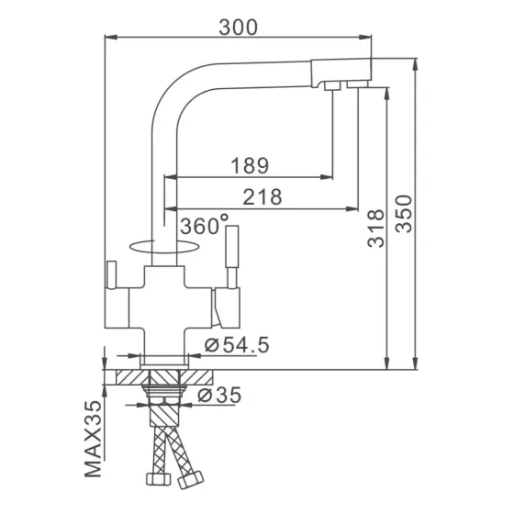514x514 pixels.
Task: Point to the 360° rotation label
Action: click(205, 225)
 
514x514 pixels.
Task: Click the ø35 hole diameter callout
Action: click(218, 396)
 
